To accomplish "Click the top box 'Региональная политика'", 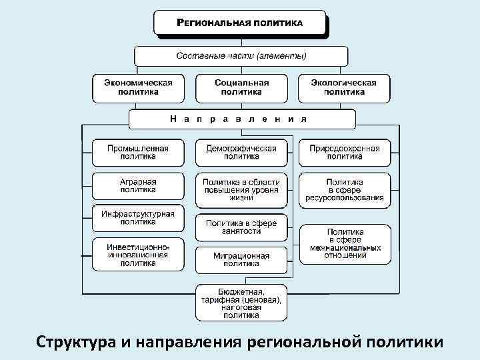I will click(x=240, y=22).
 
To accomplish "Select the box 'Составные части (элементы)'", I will click(x=241, y=55).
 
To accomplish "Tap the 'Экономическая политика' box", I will click(x=138, y=87).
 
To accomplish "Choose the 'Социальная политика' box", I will click(x=241, y=87).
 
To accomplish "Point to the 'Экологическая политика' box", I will click(x=344, y=87).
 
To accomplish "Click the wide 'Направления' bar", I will click(x=241, y=119).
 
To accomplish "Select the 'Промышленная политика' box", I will click(x=138, y=152).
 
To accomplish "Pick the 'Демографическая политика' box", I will click(x=241, y=152).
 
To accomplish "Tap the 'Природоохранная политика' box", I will click(x=344, y=152).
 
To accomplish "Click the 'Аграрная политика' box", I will click(x=138, y=185).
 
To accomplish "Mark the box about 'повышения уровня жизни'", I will click(x=241, y=189).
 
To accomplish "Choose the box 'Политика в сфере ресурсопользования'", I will click(x=344, y=189).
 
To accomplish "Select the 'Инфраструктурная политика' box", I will click(x=138, y=217).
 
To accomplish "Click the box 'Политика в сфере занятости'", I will click(x=241, y=227).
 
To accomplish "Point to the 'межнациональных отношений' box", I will click(x=344, y=243).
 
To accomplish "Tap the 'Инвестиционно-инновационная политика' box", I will click(x=138, y=254).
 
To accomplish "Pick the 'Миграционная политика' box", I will click(x=241, y=259).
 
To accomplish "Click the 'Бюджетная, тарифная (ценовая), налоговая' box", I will click(x=241, y=303).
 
